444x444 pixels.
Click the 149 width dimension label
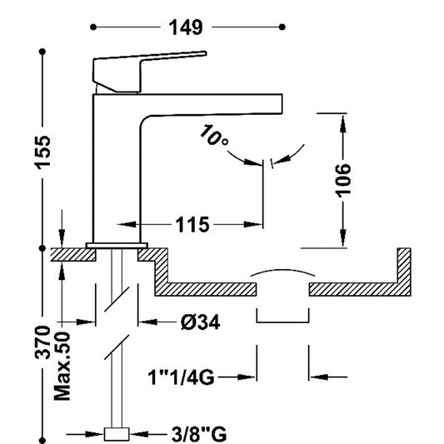(186, 27)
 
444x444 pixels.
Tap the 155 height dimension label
(42, 153)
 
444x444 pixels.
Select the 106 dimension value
(343, 181)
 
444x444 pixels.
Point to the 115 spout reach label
(192, 225)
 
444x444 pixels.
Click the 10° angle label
(213, 135)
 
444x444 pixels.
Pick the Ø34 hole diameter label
(200, 322)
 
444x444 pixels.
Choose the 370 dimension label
(42, 342)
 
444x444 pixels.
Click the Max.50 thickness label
(62, 367)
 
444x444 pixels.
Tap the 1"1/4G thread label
(182, 377)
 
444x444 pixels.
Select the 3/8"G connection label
(199, 433)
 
